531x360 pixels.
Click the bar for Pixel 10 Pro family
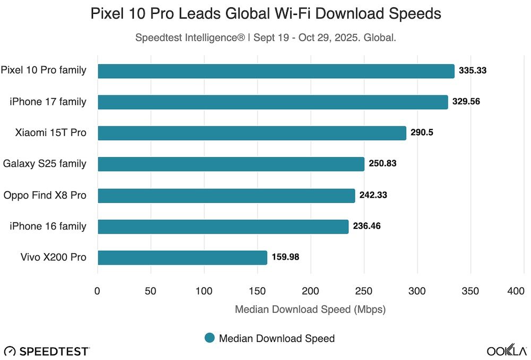point(276,71)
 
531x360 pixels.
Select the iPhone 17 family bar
point(272,102)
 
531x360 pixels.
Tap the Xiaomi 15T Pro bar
point(252,133)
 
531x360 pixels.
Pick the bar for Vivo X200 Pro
point(182,258)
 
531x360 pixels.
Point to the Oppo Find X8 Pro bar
point(226,195)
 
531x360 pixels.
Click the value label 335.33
point(473,71)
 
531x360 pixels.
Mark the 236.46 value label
point(366,226)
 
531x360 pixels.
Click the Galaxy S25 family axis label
point(45,164)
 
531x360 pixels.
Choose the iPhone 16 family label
point(48,226)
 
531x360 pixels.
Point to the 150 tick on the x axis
point(258,291)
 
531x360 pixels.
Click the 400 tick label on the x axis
point(516,291)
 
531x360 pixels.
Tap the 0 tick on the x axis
point(98,291)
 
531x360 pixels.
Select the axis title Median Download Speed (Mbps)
point(310,309)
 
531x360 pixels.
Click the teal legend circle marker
point(210,338)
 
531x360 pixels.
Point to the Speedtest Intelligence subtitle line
point(265,38)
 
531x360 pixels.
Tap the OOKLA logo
point(507,350)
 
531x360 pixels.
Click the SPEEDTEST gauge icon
point(10,351)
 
